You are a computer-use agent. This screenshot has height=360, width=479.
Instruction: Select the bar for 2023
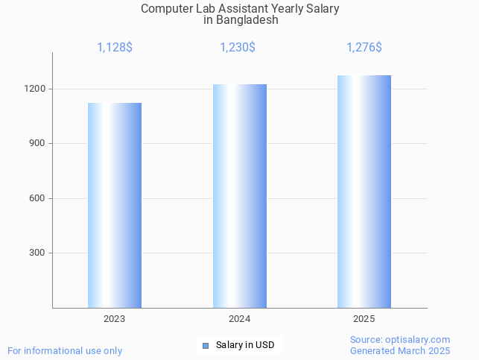point(115,205)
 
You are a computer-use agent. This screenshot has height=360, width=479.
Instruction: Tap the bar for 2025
point(364,192)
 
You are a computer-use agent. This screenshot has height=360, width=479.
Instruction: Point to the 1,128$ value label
point(115,48)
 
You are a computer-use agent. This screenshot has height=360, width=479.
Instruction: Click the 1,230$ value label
point(238,48)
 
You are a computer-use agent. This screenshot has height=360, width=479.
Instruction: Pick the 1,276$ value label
point(364,48)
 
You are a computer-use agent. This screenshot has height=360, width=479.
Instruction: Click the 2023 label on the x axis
point(115,319)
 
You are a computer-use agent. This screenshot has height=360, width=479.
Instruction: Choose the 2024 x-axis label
point(239,319)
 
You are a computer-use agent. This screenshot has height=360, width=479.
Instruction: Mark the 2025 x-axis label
point(364,319)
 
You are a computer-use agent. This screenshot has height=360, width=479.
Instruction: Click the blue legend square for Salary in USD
point(206,345)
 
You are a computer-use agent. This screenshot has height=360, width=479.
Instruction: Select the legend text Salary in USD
point(245,345)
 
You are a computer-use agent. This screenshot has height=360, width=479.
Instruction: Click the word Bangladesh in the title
point(247,20)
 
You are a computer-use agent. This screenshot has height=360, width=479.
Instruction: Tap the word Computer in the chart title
point(165,9)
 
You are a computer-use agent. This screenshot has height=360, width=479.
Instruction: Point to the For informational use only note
point(65,350)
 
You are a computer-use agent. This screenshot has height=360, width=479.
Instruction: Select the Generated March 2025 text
point(400,350)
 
